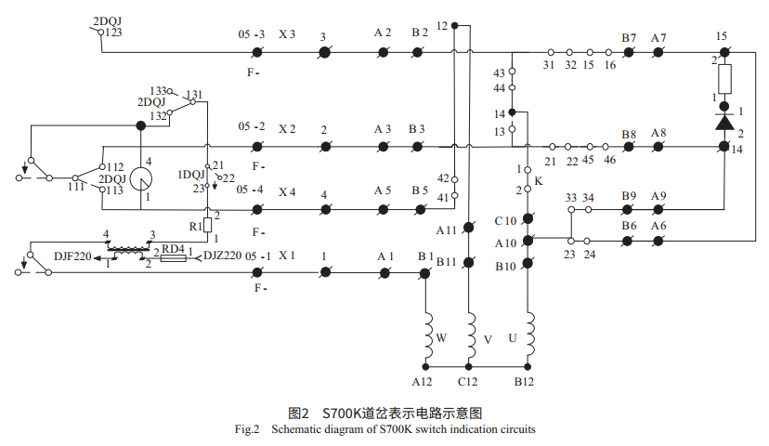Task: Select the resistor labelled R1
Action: [x=206, y=224]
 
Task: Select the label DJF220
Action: [x=72, y=257]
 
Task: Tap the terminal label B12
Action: [x=526, y=382]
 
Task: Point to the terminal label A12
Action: [x=423, y=382]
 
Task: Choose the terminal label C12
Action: [x=467, y=382]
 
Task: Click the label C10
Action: [x=505, y=220]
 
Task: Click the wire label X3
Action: [x=287, y=34]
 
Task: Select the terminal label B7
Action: [x=629, y=38]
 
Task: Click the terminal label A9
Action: [x=658, y=196]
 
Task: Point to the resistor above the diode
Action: [x=724, y=78]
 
